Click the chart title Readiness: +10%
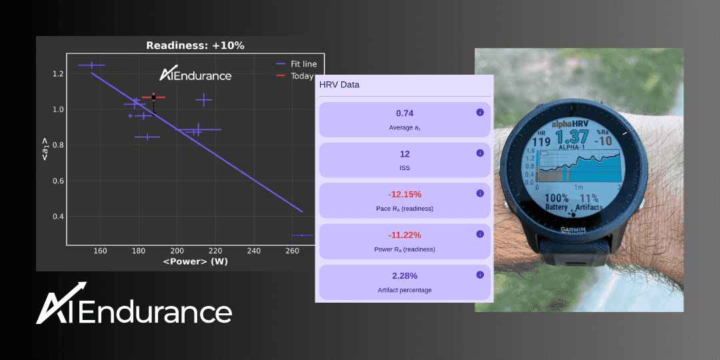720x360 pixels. click(195, 45)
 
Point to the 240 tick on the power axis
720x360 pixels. click(253, 251)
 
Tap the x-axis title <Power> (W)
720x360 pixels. click(195, 261)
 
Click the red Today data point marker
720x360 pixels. click(153, 97)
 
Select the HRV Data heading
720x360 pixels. click(339, 85)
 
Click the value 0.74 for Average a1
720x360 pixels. click(405, 113)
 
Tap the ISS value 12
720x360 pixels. click(405, 154)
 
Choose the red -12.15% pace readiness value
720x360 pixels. click(405, 195)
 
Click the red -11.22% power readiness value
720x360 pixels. click(405, 235)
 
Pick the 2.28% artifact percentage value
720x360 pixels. click(405, 276)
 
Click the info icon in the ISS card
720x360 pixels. click(480, 153)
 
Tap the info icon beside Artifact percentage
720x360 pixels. click(480, 275)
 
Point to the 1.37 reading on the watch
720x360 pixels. click(575, 138)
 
